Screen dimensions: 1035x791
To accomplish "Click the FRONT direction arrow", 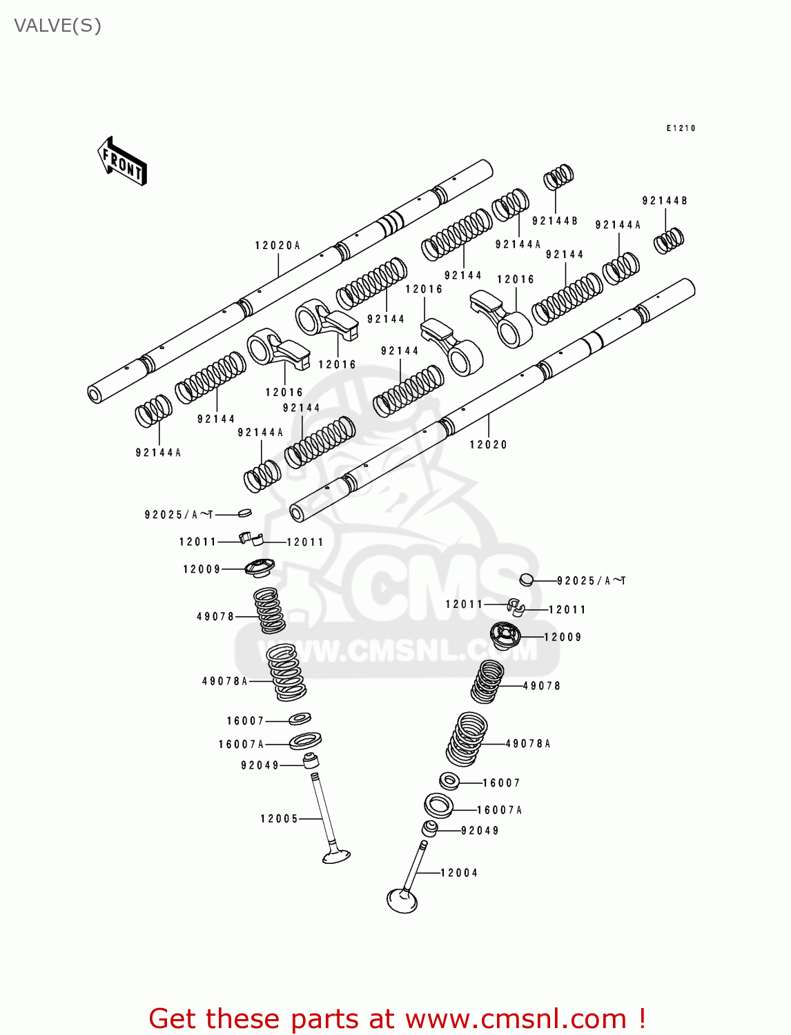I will pos(122,161).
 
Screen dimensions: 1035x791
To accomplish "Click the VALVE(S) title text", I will pos(57,26).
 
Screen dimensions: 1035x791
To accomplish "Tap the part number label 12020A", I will pos(277,246).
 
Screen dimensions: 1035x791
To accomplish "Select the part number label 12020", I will pos(488,445).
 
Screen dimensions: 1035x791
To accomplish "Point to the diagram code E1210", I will pos(681,128).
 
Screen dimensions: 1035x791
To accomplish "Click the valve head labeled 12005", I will pos(336,856).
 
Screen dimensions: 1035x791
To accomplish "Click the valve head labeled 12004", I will pos(402,900).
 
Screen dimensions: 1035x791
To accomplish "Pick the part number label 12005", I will pos(279,819).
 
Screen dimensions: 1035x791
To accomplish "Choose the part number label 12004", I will pos(459,873).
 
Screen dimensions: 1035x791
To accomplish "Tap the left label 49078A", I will pos(224,681).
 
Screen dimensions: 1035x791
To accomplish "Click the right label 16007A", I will pos(499,810).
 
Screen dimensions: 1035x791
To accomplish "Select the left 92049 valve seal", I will pos(311,760).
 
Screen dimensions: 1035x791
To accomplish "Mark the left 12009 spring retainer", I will pos(260,567).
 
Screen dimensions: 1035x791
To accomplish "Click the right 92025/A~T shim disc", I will pos(527,579).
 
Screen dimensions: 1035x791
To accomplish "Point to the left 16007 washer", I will pos(300,718).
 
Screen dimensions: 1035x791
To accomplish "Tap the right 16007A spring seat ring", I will pos(438,805).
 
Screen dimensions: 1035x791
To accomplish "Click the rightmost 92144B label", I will pos(664,201).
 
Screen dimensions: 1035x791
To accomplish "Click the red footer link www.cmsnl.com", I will pos(516,1019).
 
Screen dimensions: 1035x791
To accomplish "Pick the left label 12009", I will pos(202,569).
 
